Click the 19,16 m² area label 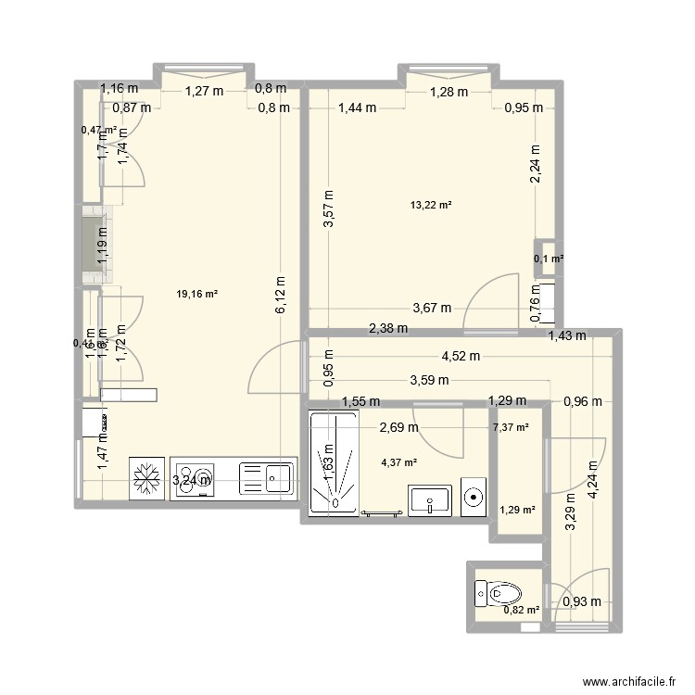coord(196,295)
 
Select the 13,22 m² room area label coord(431,205)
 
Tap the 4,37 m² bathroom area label coord(398,463)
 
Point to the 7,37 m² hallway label coord(511,427)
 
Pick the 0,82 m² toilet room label coord(518,609)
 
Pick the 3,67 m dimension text coord(432,309)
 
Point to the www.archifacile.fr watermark coord(624,678)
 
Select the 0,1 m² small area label coord(548,259)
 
